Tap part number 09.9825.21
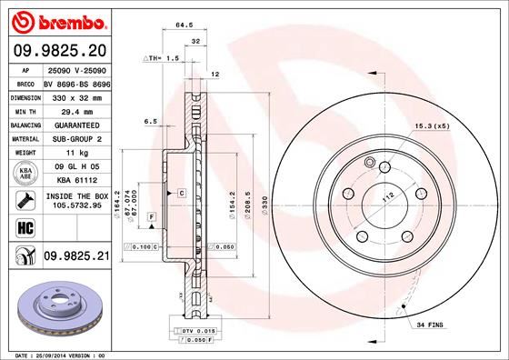coord(75,257)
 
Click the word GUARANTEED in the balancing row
coord(75,124)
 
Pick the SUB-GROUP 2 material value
coord(75,138)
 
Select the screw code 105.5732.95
coord(75,206)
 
